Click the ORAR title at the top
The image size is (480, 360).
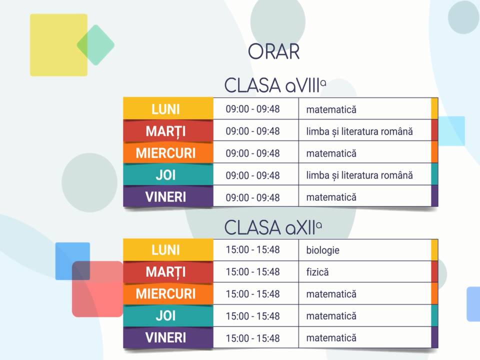(273, 51)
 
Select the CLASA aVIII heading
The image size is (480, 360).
(275, 85)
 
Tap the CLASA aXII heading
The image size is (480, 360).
(273, 227)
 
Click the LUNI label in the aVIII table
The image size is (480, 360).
(165, 109)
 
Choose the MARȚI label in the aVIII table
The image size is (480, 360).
(165, 131)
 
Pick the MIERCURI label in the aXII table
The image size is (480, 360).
(165, 294)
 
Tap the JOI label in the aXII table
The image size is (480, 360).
(165, 316)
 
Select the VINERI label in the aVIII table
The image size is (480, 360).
(165, 197)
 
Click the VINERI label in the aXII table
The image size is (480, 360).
(165, 337)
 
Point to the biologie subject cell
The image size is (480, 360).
(322, 250)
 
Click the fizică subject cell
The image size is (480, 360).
(317, 272)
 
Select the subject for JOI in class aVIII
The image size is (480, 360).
(359, 175)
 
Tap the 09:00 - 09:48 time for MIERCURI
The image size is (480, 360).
(252, 153)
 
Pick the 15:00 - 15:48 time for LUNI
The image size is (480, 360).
(252, 250)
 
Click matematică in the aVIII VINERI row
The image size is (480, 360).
(331, 197)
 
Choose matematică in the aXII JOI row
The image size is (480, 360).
(331, 316)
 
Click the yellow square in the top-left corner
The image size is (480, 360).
(58, 45)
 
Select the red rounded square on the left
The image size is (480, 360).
(97, 289)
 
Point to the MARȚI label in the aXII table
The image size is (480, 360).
(165, 272)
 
